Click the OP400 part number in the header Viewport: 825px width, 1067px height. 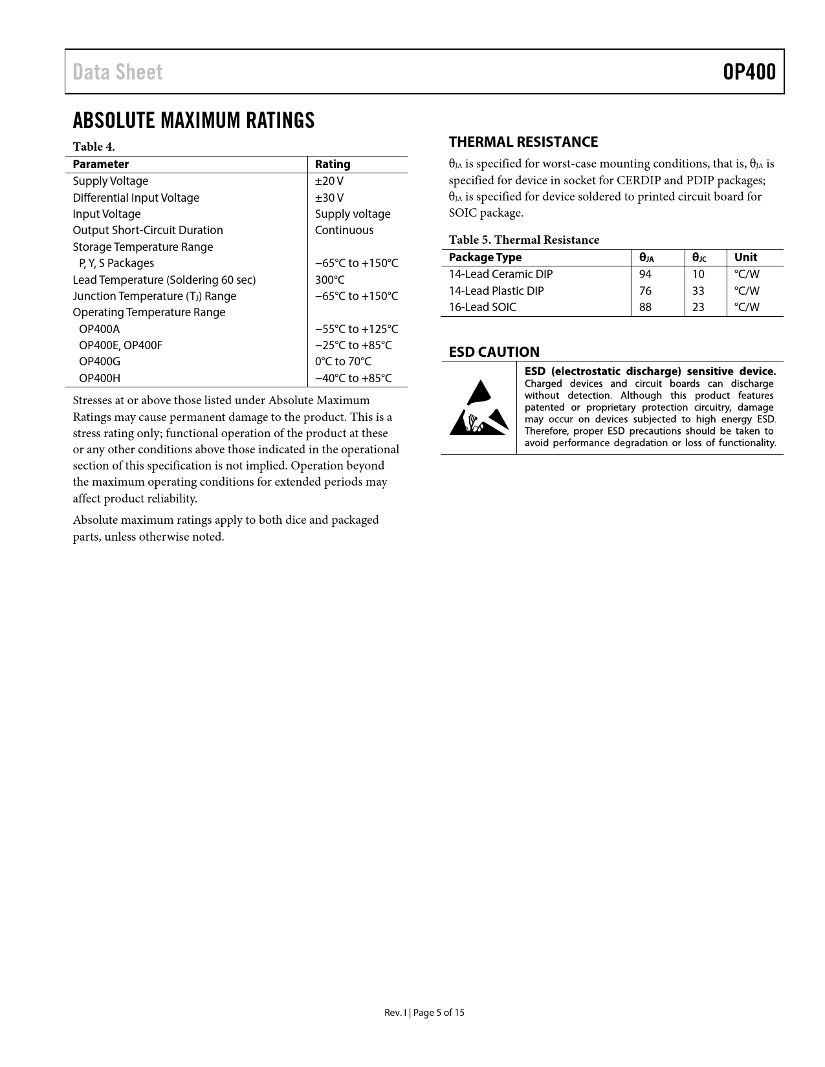(749, 72)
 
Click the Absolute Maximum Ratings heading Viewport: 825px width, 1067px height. (193, 120)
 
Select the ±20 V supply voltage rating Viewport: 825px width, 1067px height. (329, 181)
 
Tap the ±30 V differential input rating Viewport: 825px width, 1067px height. (329, 198)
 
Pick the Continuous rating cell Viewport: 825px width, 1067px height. (344, 230)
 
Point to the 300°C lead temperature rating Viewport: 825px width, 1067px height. (330, 280)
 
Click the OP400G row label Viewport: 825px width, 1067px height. (100, 361)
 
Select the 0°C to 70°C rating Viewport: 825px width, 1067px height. (343, 361)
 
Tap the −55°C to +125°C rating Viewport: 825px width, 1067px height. (357, 329)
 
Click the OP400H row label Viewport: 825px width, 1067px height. (100, 378)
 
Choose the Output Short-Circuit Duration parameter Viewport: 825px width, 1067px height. (148, 230)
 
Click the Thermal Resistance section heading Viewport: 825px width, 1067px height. (523, 142)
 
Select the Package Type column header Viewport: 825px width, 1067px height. (485, 257)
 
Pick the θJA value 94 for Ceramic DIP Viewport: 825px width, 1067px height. (645, 274)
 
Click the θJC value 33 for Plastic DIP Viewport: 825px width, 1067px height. (698, 291)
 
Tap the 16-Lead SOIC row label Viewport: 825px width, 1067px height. (483, 307)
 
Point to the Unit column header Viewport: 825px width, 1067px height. (745, 257)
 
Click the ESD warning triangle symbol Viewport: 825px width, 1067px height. (478, 409)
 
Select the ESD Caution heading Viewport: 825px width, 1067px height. (494, 352)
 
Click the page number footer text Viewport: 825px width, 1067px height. (424, 1013)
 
